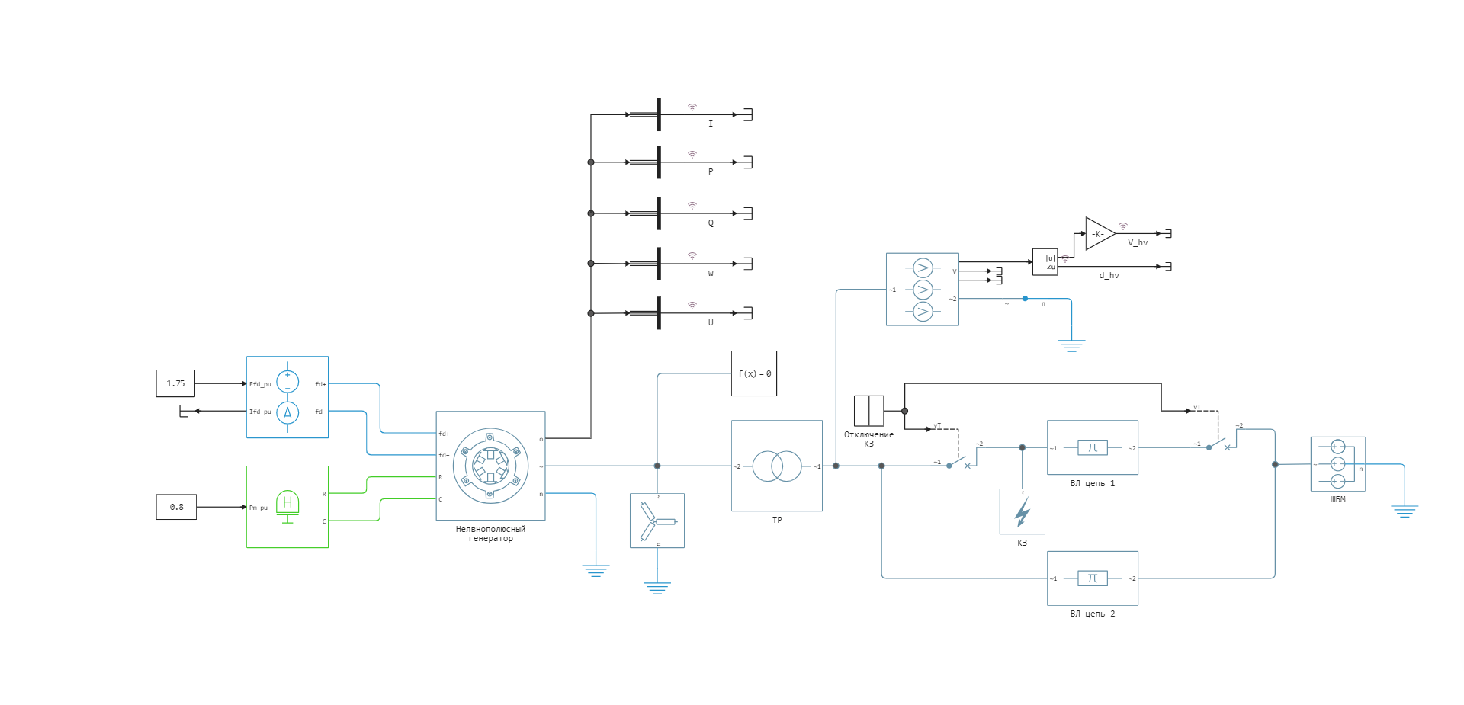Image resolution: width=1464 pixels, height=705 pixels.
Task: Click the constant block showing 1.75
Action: [175, 383]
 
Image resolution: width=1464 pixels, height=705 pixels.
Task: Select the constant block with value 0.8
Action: [176, 507]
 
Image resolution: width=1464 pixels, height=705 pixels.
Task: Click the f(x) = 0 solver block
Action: [754, 373]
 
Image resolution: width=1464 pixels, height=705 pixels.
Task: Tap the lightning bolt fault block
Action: [1022, 511]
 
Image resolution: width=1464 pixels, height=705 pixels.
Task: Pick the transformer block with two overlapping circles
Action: [777, 466]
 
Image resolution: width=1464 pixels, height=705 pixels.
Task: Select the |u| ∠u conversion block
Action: [1045, 261]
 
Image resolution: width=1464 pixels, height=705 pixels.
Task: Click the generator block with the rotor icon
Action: [490, 466]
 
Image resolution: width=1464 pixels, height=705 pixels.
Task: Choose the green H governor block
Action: [287, 507]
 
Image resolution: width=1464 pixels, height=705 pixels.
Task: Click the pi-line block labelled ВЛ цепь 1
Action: [1092, 447]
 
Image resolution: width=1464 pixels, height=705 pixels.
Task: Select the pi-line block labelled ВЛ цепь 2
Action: [1092, 578]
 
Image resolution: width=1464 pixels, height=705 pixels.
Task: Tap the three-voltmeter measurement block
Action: [922, 290]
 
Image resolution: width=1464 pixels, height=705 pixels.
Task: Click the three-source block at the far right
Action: [1337, 464]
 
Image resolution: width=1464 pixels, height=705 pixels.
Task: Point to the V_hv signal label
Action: [1137, 243]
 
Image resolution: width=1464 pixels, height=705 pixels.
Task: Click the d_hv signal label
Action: [1109, 276]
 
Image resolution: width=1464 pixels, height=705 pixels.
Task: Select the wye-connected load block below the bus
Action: [657, 521]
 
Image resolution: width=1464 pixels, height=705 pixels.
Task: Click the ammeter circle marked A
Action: [287, 413]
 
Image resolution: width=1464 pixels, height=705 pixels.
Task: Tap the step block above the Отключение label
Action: [868, 411]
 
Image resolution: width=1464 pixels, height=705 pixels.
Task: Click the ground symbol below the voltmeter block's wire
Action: [1071, 345]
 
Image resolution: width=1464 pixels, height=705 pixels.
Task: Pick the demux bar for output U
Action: [659, 313]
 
